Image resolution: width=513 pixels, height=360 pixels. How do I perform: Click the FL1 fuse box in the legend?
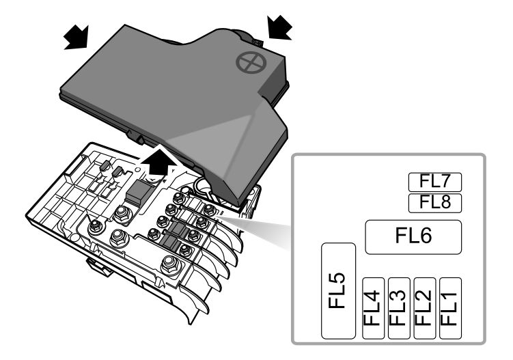450,308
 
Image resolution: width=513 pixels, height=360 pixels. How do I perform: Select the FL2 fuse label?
425,308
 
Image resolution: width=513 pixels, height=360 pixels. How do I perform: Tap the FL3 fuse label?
399,308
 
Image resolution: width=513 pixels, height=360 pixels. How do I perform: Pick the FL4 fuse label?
373,308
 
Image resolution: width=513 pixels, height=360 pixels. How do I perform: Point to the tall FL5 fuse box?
338,290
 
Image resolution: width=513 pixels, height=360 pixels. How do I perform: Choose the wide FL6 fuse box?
413,237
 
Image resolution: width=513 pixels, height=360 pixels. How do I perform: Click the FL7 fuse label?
435,182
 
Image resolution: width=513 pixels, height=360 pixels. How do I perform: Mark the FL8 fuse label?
435,203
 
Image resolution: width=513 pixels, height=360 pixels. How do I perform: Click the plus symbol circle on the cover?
251,62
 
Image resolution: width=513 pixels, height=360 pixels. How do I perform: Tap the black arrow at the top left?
77,38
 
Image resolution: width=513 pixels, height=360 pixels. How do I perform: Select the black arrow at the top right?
279,28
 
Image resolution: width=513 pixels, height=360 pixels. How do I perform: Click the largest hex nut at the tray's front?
171,264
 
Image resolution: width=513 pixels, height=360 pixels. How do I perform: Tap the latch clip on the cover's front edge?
136,137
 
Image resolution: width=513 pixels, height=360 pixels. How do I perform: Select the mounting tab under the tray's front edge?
98,266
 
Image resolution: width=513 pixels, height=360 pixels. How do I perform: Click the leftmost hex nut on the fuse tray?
96,227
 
